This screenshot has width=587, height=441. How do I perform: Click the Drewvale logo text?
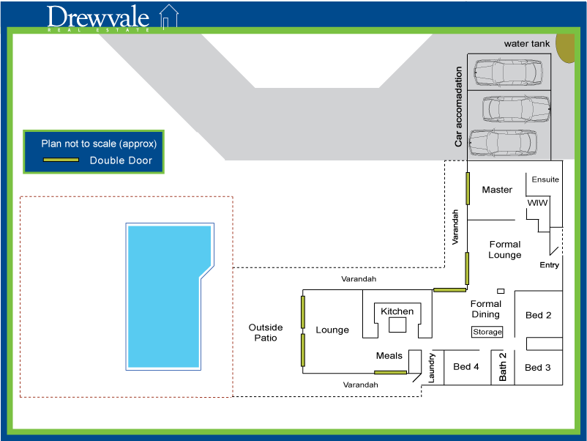[98, 18]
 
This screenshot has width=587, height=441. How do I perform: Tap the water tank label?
[527, 44]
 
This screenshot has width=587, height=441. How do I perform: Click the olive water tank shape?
[565, 48]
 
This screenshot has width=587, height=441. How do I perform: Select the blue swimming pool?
[170, 297]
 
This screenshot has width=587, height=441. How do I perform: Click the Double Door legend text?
[121, 160]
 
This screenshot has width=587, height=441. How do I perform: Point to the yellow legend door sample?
[61, 160]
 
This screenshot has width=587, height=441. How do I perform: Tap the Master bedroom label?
[497, 190]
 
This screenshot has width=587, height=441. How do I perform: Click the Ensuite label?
[545, 179]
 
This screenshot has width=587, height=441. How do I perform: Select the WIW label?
[537, 203]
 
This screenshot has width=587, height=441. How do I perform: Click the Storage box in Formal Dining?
[487, 332]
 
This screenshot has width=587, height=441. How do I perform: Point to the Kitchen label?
[397, 311]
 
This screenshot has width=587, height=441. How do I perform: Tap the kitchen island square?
[397, 325]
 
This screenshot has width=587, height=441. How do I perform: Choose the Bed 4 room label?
[466, 366]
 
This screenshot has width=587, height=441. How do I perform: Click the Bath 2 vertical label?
[502, 367]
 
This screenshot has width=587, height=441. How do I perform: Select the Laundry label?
[431, 368]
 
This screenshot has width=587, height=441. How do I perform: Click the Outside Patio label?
[266, 333]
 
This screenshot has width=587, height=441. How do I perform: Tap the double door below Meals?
[390, 372]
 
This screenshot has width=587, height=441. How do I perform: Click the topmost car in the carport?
[508, 72]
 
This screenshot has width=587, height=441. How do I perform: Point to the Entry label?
[549, 265]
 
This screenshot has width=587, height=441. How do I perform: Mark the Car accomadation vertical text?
[458, 107]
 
